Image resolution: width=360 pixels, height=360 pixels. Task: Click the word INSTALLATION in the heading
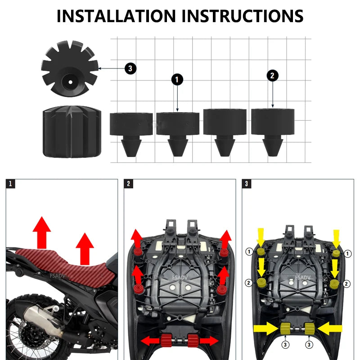point(116,16)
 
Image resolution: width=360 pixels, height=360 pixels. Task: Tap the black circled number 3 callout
point(130,68)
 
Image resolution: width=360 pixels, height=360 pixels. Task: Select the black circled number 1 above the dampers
point(177,80)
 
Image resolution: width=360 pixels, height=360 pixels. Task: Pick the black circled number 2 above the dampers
point(272,76)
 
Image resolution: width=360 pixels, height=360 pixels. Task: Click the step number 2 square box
point(129,184)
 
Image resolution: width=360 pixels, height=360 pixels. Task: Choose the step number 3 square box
point(247,184)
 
